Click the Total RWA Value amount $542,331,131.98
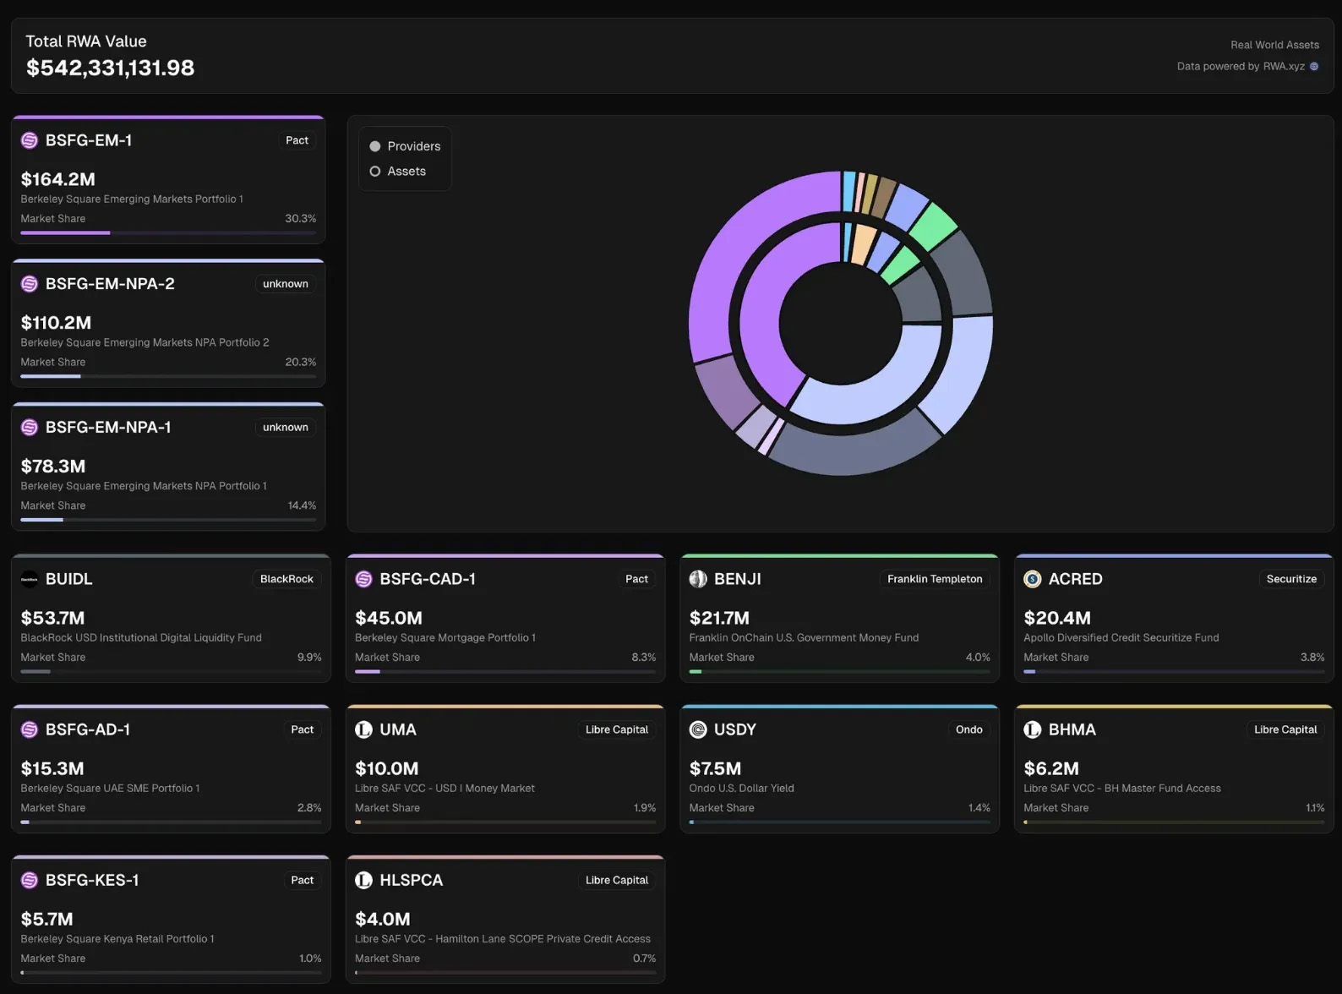[110, 68]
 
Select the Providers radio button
[375, 146]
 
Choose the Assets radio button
[375, 172]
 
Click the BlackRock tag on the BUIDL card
[286, 579]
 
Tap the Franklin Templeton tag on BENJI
[935, 579]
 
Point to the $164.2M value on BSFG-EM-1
[58, 179]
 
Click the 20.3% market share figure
[300, 362]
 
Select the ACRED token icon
[1032, 579]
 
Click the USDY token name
[734, 729]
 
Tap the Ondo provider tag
[968, 729]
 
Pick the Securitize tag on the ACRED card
[1290, 579]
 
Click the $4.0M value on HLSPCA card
[383, 919]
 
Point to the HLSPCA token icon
[363, 880]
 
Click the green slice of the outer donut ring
[934, 225]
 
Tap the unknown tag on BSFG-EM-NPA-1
[285, 428]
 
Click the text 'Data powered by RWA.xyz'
[1241, 66]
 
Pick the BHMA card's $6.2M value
[1050, 768]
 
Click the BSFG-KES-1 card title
[92, 880]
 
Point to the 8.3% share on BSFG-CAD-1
[643, 658]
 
